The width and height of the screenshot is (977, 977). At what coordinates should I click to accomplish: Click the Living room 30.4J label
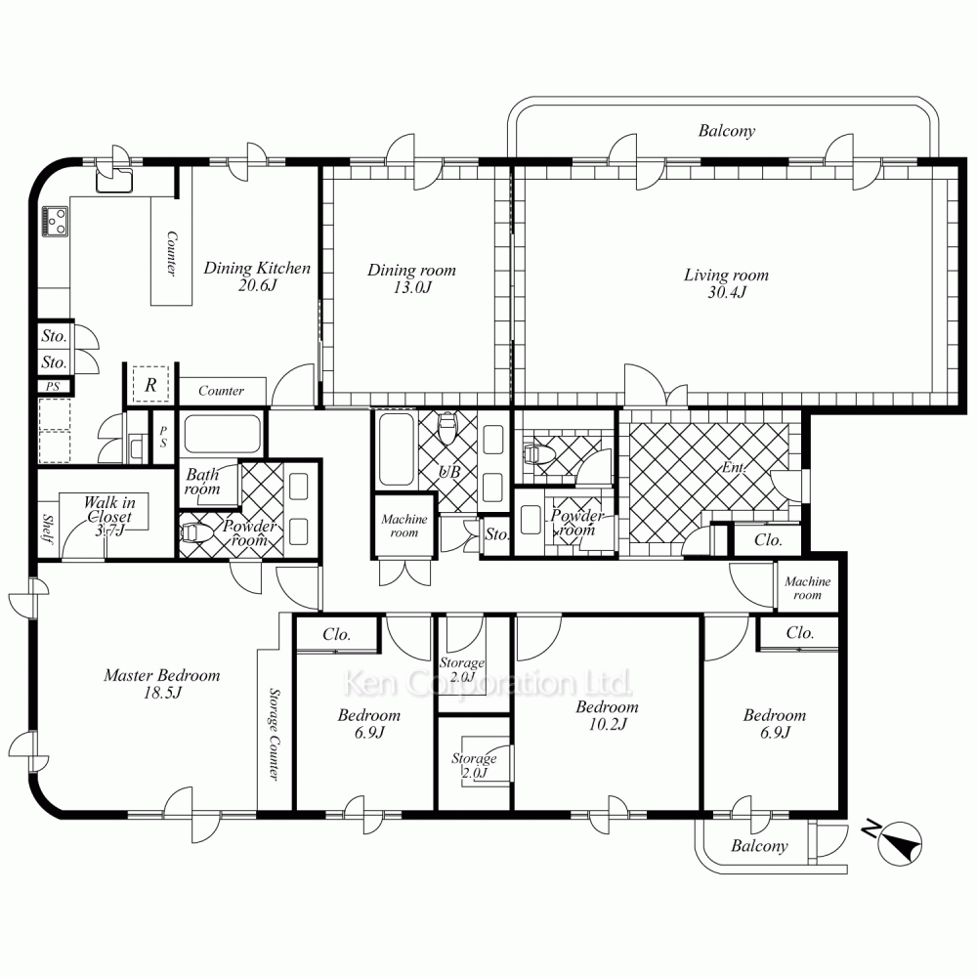click(x=727, y=283)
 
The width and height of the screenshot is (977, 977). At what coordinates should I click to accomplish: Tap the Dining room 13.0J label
click(x=411, y=278)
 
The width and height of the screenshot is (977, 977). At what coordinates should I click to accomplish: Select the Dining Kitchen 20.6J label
click(x=257, y=276)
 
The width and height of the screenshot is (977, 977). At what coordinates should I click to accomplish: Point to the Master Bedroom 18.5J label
click(x=162, y=684)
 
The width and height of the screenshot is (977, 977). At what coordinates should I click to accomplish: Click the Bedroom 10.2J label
click(x=607, y=715)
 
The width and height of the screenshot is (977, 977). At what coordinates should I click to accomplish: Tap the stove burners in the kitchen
click(x=55, y=221)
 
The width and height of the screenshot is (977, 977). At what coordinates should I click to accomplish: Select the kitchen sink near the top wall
click(x=114, y=180)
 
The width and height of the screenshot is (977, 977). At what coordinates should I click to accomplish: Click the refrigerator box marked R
click(x=150, y=384)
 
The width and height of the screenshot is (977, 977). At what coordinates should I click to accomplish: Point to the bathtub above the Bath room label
click(x=223, y=434)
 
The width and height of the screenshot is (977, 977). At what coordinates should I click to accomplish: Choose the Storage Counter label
click(x=274, y=734)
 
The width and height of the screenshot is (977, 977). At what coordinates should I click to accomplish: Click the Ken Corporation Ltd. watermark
click(x=488, y=684)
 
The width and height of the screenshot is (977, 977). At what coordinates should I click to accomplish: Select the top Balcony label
click(x=727, y=130)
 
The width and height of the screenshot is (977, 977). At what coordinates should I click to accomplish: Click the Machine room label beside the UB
click(x=404, y=526)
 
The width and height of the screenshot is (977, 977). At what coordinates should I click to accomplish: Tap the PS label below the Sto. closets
click(x=53, y=386)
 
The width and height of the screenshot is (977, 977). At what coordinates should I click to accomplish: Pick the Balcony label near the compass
click(x=759, y=845)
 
